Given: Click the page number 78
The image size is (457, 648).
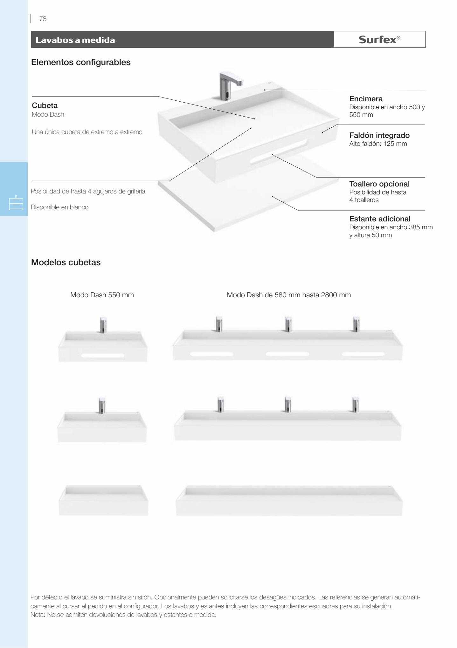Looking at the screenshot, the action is point(43,19).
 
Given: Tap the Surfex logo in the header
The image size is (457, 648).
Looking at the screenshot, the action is point(379,39).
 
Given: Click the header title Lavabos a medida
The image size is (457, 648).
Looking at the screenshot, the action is point(75,40).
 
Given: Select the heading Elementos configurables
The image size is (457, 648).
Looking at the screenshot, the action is point(81,62).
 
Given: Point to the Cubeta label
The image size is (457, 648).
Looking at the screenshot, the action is point(45,105).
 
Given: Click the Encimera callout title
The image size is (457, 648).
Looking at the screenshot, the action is point(366,99).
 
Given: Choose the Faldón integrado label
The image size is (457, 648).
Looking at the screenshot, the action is point(379,135).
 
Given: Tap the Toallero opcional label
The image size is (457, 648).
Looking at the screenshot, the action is point(379,184).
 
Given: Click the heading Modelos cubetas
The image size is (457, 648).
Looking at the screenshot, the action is point(66,263).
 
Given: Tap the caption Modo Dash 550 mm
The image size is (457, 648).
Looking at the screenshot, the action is point(102,295).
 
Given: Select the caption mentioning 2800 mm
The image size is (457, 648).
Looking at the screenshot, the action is point(289,295).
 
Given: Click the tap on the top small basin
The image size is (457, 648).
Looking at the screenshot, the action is point(103,325).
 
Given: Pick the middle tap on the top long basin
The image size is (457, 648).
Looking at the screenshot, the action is point(288,324).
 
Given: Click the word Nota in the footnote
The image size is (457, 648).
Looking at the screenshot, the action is point(37,615).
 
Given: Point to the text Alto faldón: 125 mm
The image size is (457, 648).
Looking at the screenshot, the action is point(378,144).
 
